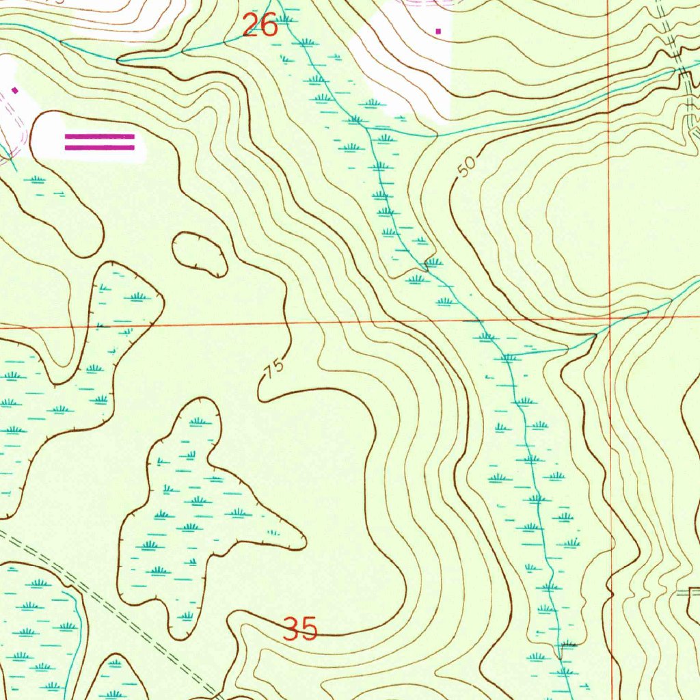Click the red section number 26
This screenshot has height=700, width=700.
pos(260,26)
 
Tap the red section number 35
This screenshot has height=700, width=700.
pos(300,628)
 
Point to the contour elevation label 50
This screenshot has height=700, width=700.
pos(466,167)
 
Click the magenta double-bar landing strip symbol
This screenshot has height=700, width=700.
pos(100,142)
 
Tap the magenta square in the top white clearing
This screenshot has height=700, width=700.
pos(439,31)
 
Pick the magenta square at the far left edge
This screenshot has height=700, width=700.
pos(14,90)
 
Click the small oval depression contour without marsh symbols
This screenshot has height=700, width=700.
pos(200,254)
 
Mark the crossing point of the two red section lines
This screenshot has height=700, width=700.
pos(608,318)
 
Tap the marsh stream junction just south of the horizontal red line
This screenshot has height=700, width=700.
pos(507,356)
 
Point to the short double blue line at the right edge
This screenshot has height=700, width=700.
pos(687,593)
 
